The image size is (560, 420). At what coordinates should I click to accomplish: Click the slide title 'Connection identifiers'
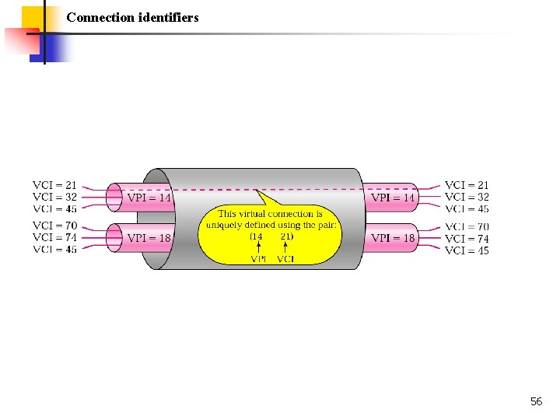click(x=132, y=16)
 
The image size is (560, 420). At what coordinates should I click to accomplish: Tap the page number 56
click(x=536, y=401)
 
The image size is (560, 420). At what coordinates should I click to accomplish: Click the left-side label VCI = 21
click(x=54, y=185)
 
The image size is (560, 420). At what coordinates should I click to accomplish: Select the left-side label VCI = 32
click(x=54, y=197)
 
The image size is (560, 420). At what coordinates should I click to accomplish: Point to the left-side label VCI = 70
click(x=54, y=226)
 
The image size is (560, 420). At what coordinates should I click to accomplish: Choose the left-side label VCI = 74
click(x=54, y=237)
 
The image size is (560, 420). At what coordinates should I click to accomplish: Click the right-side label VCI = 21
click(x=467, y=185)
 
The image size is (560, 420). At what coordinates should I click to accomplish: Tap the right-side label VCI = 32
click(x=467, y=197)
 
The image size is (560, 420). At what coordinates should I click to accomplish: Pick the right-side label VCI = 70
click(x=467, y=227)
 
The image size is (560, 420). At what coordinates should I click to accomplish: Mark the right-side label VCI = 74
click(x=467, y=239)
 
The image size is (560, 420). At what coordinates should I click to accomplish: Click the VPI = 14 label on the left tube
click(x=149, y=198)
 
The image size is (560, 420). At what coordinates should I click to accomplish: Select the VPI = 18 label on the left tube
click(x=149, y=237)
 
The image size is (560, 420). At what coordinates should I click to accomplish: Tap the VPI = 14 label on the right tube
click(x=393, y=198)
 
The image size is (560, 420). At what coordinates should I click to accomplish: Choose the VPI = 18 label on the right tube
click(x=393, y=237)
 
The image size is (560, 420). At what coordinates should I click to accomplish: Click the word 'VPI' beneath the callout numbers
click(x=258, y=258)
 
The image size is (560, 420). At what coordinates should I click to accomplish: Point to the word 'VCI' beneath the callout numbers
click(x=285, y=258)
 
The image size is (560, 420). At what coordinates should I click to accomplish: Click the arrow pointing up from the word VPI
click(x=258, y=247)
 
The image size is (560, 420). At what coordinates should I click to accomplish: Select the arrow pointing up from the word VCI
click(x=285, y=247)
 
